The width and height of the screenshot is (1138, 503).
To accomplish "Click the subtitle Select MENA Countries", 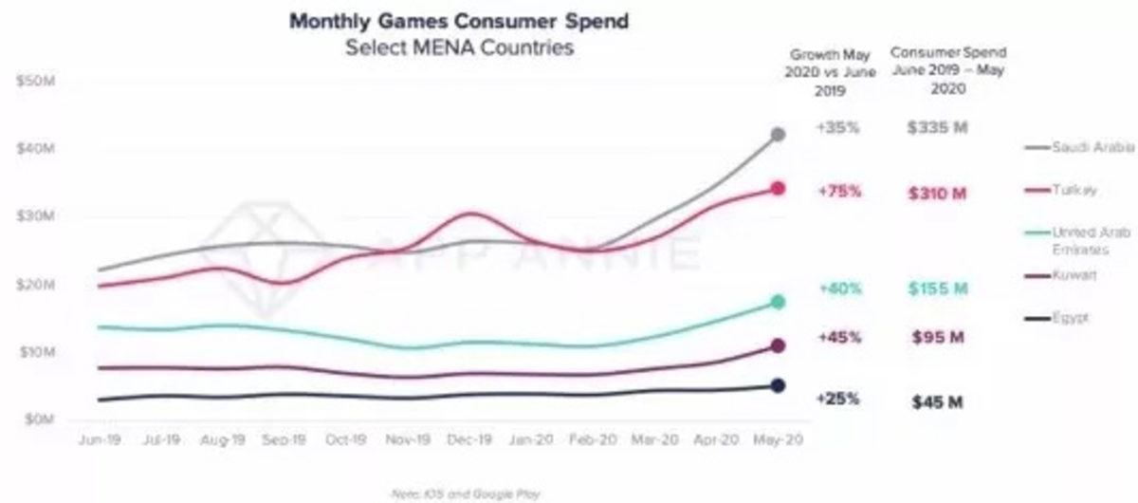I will coord(459,47).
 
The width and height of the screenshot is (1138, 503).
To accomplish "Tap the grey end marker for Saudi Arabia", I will coord(778,135).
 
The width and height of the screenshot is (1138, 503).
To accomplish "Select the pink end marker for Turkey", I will coord(778,189).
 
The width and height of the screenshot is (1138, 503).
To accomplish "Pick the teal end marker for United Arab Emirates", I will coord(778,302).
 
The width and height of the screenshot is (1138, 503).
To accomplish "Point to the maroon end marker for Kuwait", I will coord(778,346).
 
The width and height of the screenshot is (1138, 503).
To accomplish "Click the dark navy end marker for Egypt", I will coord(778,385).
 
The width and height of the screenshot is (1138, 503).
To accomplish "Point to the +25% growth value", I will coord(838,399).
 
